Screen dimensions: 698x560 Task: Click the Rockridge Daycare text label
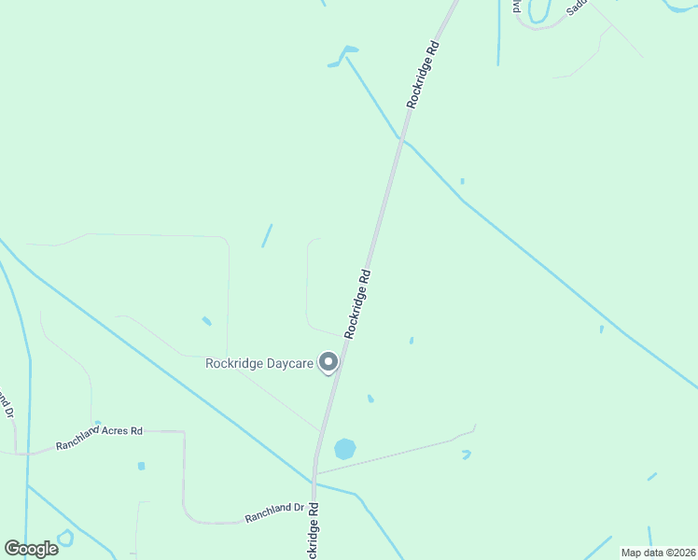pos(259,363)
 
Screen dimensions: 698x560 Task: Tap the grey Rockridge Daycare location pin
pos(328,362)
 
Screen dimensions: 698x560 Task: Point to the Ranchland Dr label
pos(274,512)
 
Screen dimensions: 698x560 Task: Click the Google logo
pos(31,548)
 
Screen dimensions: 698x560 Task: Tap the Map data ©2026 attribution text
pos(658,553)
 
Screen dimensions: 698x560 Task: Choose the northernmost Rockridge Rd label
pos(423,74)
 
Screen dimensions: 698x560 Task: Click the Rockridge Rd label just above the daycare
pos(358,303)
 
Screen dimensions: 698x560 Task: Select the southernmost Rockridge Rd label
pos(314,532)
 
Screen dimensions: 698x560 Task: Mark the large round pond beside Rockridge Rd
pos(345,449)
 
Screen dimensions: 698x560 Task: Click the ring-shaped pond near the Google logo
pos(65,538)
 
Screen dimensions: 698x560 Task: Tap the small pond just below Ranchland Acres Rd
pos(141,466)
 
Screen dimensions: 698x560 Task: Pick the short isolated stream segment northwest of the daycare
pos(267,235)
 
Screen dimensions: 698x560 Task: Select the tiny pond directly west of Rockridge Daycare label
pos(206,321)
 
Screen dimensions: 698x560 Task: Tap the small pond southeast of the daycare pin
pos(370,399)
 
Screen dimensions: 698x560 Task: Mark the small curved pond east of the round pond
pos(466,455)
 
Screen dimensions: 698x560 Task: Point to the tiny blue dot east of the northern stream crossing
pos(462,181)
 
